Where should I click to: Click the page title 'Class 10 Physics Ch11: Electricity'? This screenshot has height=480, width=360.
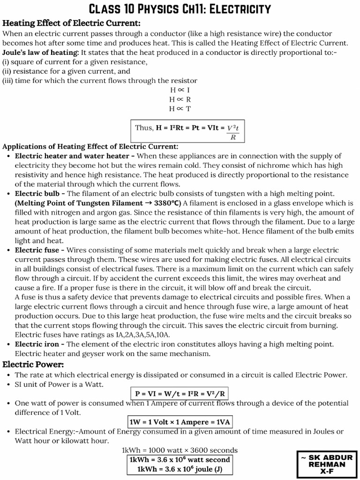click(180, 9)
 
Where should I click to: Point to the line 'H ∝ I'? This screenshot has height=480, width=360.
click(180, 90)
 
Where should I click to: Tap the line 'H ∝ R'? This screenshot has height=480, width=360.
click(180, 99)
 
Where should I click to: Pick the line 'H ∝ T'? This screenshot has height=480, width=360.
click(180, 109)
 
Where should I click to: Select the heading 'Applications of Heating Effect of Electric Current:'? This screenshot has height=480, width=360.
click(90, 146)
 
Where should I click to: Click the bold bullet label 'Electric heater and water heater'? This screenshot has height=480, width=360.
click(72, 156)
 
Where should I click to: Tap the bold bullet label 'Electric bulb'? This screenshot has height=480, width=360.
click(37, 193)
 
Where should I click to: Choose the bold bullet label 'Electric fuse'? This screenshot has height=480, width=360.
click(37, 250)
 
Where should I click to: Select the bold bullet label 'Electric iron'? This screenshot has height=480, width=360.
click(37, 344)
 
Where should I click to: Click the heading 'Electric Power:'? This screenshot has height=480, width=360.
click(33, 364)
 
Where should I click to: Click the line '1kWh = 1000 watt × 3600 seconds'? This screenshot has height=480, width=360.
click(180, 450)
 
